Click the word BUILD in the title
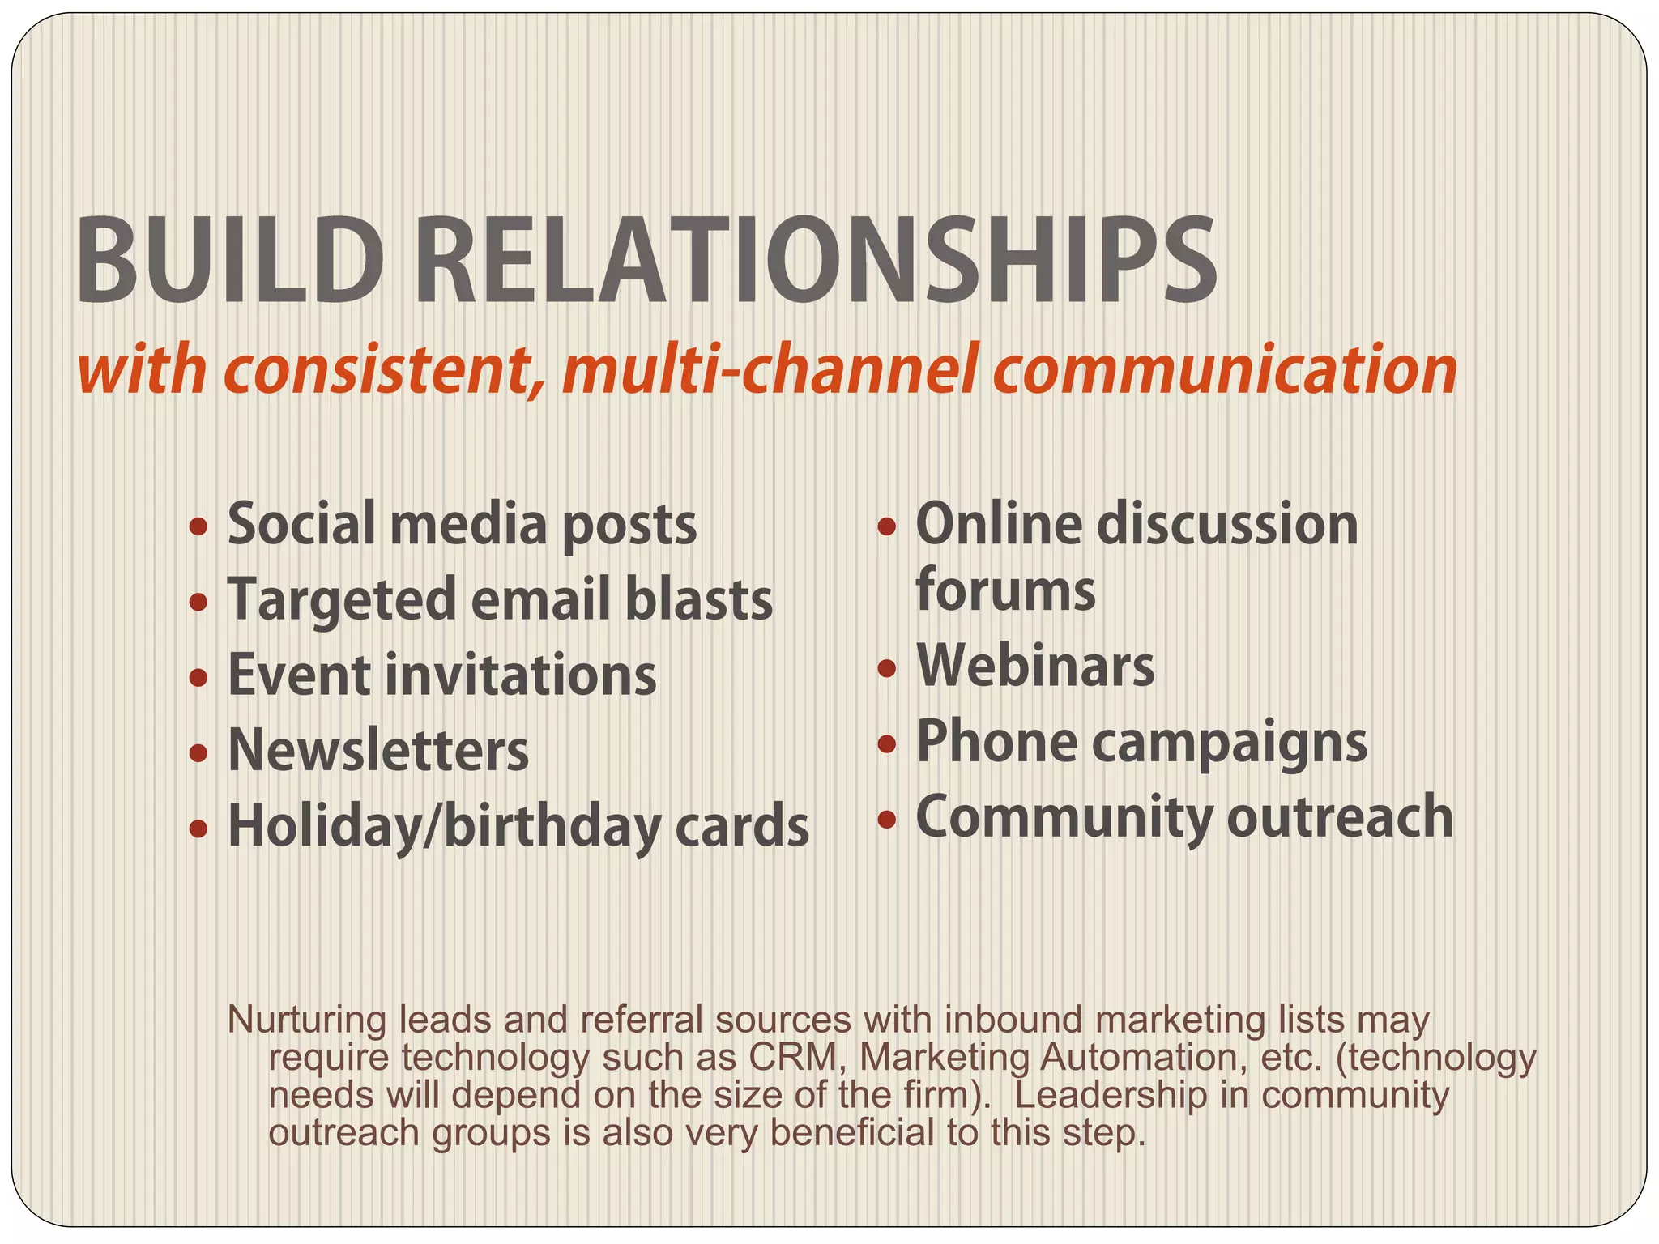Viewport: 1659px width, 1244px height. point(229,262)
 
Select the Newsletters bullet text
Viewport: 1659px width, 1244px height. point(378,751)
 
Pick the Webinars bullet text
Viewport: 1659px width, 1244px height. point(1035,667)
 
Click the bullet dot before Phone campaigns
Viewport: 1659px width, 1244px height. point(887,743)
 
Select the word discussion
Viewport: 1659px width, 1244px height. point(1227,525)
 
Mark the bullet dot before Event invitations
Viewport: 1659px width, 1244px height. point(198,677)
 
